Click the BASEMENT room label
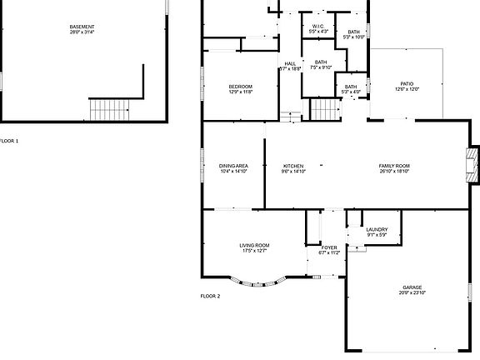click(x=82, y=27)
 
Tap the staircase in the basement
click(x=110, y=108)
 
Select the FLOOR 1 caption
click(x=8, y=141)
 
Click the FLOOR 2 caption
click(x=210, y=296)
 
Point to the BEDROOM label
click(x=240, y=87)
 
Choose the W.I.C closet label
click(x=317, y=27)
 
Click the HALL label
click(x=290, y=64)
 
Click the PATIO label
click(x=407, y=83)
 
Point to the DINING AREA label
click(x=233, y=166)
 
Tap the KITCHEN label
click(x=293, y=166)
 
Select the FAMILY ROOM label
click(x=394, y=166)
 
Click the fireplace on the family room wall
click(x=473, y=166)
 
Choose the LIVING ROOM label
click(x=254, y=245)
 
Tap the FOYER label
click(x=330, y=247)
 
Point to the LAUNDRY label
click(x=377, y=229)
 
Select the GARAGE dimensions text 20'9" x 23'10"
click(x=412, y=293)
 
